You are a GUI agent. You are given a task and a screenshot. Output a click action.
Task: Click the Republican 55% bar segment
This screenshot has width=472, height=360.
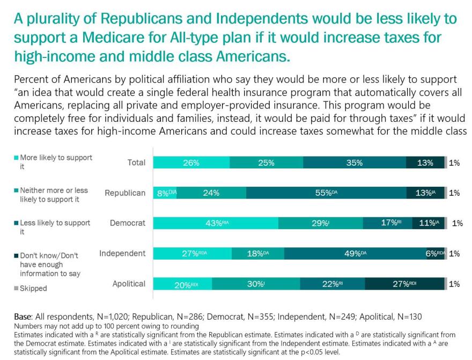tap(326, 193)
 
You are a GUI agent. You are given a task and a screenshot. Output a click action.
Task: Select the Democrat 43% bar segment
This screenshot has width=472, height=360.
tap(216, 223)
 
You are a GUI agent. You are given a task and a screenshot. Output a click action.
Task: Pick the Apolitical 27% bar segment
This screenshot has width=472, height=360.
tap(404, 284)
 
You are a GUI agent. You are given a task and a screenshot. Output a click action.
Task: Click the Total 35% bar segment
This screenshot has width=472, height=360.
tap(354, 163)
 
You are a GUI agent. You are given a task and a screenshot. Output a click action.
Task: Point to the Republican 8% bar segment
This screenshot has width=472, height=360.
tap(165, 193)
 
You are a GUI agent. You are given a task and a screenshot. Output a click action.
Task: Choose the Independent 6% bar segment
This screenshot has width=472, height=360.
tap(435, 254)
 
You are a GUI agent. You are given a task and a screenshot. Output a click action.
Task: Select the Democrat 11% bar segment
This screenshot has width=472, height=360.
tap(428, 223)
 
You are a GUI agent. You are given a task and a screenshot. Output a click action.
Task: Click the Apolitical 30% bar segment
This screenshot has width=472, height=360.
tap(256, 284)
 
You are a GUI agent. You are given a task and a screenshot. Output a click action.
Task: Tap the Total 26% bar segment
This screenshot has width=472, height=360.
tap(191, 163)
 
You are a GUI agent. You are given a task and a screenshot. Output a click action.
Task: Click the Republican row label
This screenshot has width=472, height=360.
tap(125, 193)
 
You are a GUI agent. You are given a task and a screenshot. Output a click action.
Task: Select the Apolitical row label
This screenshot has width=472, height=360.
tap(128, 284)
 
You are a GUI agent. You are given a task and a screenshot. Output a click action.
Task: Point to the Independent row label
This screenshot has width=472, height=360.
tap(122, 253)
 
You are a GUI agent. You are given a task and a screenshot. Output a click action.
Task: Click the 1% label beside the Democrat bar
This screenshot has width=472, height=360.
tap(457, 223)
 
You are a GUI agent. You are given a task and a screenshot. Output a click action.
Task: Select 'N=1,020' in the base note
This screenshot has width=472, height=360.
tap(111, 317)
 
